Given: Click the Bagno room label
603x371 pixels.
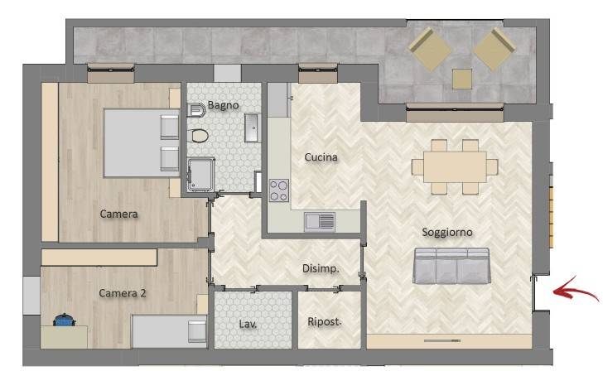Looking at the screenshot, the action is pos(223,105).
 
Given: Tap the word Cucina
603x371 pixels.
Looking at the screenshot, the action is pos(321,157).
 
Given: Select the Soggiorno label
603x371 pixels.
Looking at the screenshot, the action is pos(447,232).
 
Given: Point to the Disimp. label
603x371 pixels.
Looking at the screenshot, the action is pos(321,268).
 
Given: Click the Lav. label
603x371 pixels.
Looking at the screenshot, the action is pos(248,324).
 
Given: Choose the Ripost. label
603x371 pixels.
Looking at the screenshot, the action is pos(324,321).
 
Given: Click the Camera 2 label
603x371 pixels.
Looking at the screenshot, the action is pos(123,293).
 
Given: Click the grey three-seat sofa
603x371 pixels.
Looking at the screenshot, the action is pos(451,266).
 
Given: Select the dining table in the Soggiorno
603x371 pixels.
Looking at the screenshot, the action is pos(455,166).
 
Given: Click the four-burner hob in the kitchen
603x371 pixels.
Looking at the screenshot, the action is pos(279,190).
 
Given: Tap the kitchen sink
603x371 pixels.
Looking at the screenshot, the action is pos(320,222).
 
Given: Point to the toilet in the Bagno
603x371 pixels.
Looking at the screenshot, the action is pos(199,135).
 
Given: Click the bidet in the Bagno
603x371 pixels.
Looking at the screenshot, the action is pos(197,110).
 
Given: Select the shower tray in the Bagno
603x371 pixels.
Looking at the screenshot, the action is pos(201,175).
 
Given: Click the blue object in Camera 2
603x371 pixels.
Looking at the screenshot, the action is pos(64,320).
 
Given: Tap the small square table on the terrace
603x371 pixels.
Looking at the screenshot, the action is pos(462,79).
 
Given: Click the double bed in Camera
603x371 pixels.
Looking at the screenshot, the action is pos(142,143).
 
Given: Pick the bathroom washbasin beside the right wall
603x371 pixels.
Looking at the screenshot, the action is pos(253,128).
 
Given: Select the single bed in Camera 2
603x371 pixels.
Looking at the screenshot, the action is pos(169,331).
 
